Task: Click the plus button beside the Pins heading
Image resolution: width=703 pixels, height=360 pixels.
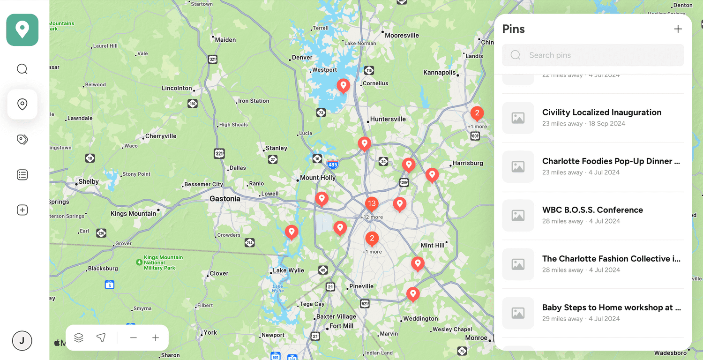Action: pyautogui.click(x=678, y=29)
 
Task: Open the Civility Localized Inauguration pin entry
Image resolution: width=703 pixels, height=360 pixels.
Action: pyautogui.click(x=601, y=112)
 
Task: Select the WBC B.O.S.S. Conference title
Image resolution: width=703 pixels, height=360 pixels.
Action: pyautogui.click(x=592, y=210)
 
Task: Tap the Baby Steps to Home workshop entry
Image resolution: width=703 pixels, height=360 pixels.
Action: pyautogui.click(x=611, y=307)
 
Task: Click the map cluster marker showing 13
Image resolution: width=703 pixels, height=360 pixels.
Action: pyautogui.click(x=372, y=204)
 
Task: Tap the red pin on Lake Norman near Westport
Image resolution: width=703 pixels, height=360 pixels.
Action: pyautogui.click(x=344, y=86)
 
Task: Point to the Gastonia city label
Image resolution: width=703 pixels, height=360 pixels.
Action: pyautogui.click(x=225, y=199)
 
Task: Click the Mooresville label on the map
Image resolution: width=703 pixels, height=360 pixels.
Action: pyautogui.click(x=402, y=35)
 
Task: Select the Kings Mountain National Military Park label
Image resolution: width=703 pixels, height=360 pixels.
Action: pyautogui.click(x=159, y=262)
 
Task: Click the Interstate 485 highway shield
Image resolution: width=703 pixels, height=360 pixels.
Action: pyautogui.click(x=333, y=165)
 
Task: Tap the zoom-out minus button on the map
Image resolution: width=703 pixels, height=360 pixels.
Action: pyautogui.click(x=134, y=338)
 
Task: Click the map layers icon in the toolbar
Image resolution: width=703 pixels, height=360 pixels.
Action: pyautogui.click(x=79, y=338)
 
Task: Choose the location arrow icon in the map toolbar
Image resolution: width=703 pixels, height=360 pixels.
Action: pyautogui.click(x=101, y=338)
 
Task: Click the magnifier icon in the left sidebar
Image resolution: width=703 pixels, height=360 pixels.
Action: pyautogui.click(x=22, y=69)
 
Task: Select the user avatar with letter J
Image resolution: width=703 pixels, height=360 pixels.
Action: pyautogui.click(x=22, y=341)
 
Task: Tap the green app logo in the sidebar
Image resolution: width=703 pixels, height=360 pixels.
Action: pyautogui.click(x=22, y=30)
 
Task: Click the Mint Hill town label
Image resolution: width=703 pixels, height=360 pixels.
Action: pyautogui.click(x=433, y=245)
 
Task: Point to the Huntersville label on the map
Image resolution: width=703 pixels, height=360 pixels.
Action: pyautogui.click(x=388, y=119)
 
